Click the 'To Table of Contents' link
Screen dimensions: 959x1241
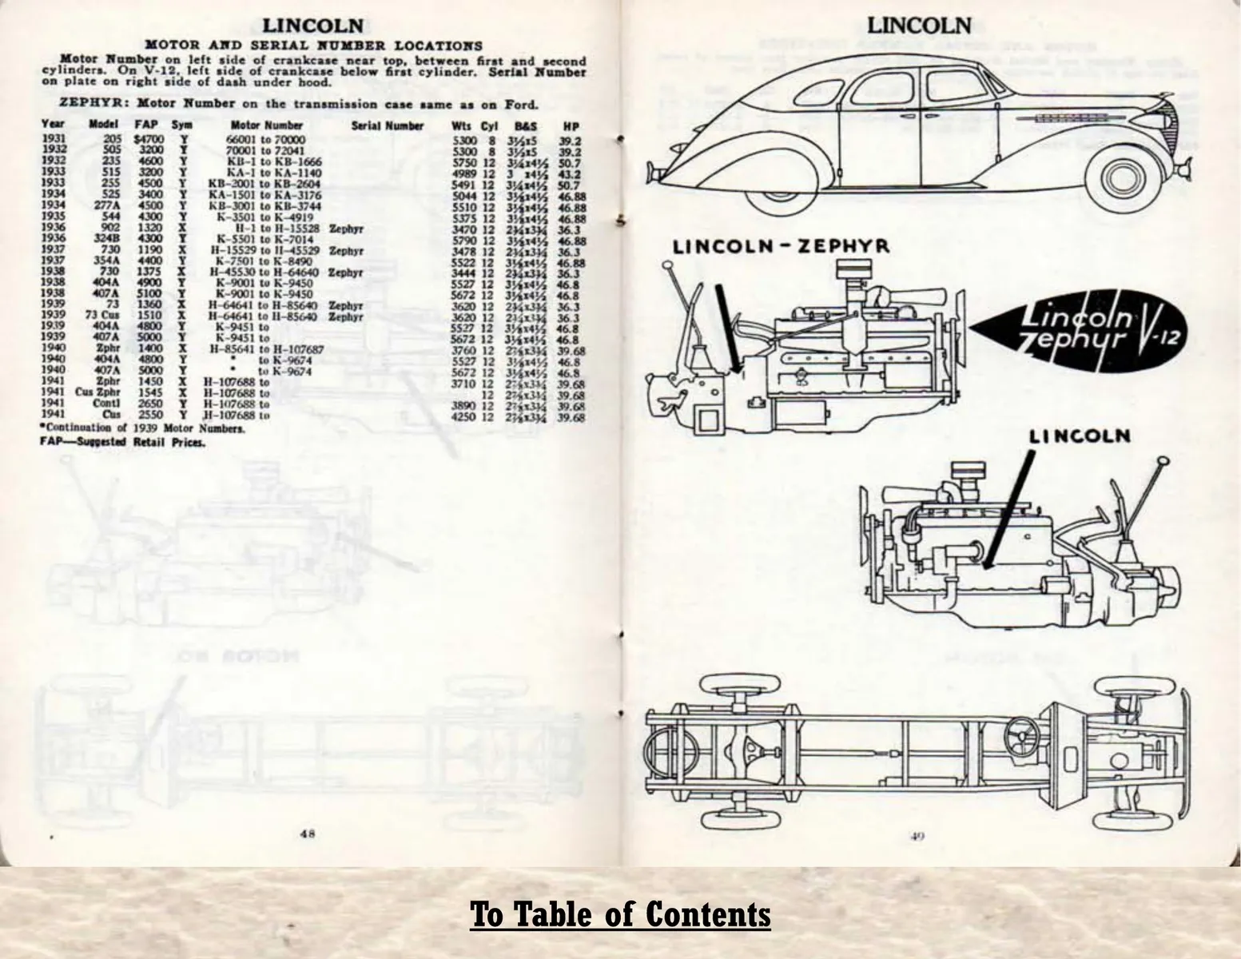tap(620, 913)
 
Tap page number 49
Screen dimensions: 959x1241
tap(917, 837)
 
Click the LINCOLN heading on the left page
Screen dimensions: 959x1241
tap(313, 28)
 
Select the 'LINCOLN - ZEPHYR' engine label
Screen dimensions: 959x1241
tap(782, 246)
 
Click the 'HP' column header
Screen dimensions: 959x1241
tap(570, 125)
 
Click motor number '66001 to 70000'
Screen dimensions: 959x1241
tap(266, 139)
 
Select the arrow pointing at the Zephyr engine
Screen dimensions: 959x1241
tap(726, 328)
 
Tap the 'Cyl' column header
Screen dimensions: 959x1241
tap(489, 125)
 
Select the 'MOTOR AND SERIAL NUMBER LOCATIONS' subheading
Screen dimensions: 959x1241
tap(313, 46)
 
